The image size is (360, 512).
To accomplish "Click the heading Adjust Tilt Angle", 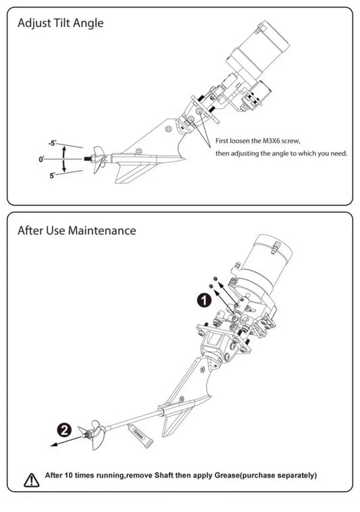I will pos(61,24).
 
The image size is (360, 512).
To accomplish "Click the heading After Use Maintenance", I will pos(76,230).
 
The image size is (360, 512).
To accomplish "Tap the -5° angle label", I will pos(52,143).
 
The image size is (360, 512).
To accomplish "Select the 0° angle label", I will pos(42,159).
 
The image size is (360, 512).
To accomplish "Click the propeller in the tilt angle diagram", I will pos(101,159).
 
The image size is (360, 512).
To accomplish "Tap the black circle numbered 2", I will pos(63,430).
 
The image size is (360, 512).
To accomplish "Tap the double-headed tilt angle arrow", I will pos(64,159).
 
